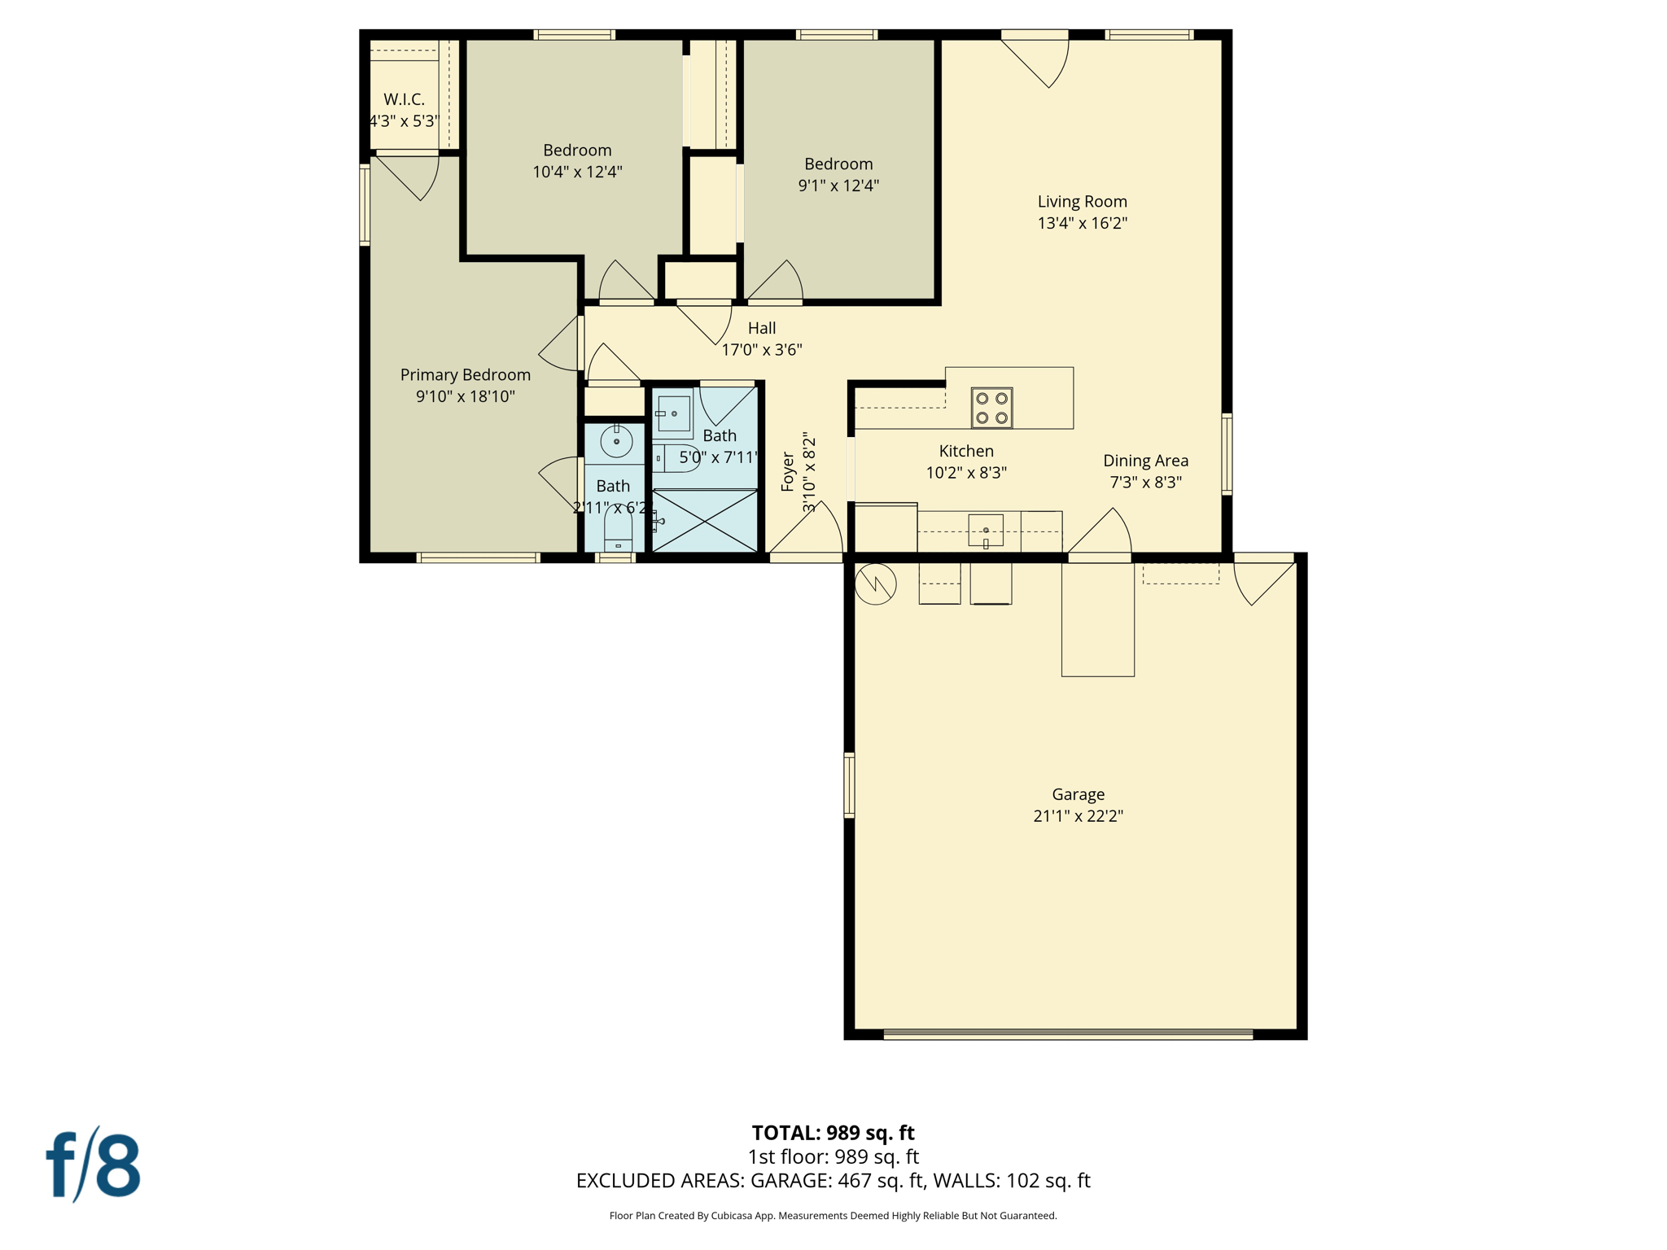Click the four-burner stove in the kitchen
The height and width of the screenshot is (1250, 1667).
pos(991,408)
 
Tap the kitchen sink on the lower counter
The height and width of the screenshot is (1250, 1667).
pos(985,531)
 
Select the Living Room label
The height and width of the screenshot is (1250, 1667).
pos(1082,202)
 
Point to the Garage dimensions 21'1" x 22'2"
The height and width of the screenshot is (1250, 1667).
pos(1078,816)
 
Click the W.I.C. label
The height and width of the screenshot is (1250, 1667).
pos(404,99)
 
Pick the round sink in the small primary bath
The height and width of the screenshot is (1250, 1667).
pos(616,441)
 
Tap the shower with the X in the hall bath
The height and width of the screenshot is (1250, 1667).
pos(705,521)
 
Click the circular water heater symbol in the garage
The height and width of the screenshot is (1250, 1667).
pos(876,583)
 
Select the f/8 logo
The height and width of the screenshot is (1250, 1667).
pos(93,1165)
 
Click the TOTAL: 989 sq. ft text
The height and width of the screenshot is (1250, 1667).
pos(833,1133)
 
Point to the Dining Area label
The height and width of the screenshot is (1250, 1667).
pos(1145,461)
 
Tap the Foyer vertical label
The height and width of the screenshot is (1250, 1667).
pos(787,472)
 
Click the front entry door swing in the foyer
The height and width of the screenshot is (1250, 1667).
pos(810,533)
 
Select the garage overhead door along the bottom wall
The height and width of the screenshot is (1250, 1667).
pos(1068,1034)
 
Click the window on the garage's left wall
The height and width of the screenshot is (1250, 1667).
pos(849,785)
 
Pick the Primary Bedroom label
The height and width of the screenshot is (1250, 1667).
pos(465,375)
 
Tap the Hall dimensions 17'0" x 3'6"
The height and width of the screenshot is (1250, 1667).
pos(762,350)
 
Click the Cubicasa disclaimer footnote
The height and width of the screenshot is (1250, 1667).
pos(833,1216)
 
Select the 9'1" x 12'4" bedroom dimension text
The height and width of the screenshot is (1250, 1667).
pos(838,186)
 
